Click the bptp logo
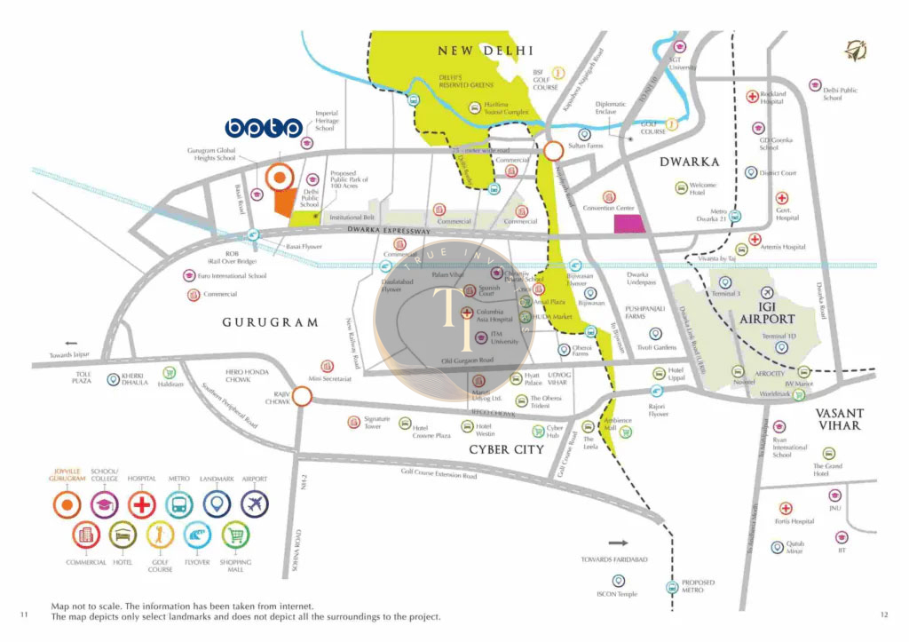coord(264,130)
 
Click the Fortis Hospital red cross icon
coord(785,509)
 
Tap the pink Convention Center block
coord(631,223)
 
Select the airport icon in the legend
coord(254,503)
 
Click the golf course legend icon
coord(160,535)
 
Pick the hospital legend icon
coord(142,503)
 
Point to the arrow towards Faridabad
coord(618,541)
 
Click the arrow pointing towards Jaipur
coord(71,342)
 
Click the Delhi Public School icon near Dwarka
coord(815,85)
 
